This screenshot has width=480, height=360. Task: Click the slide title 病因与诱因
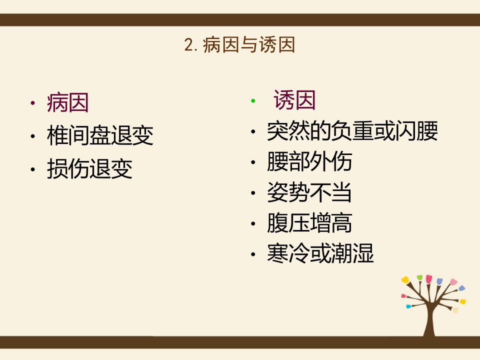[x=249, y=45]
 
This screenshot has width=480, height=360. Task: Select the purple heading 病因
[x=67, y=103]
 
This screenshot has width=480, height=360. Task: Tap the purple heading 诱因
[x=294, y=101]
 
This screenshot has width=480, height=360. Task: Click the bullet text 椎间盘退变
[x=100, y=136]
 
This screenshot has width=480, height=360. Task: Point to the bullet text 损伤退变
[x=89, y=169]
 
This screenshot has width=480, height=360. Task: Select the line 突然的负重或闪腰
[x=352, y=132]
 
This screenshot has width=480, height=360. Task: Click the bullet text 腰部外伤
[x=309, y=162]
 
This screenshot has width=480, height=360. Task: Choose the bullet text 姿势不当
[x=309, y=192]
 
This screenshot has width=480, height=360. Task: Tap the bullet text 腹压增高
[x=309, y=223]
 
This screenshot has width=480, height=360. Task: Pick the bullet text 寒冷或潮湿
[x=320, y=254]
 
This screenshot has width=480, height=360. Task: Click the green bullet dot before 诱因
[x=253, y=101]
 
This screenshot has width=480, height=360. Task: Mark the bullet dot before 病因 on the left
[x=32, y=104]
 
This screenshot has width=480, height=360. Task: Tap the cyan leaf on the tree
[x=408, y=306]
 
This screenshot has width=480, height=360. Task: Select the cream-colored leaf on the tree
[x=455, y=310]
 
